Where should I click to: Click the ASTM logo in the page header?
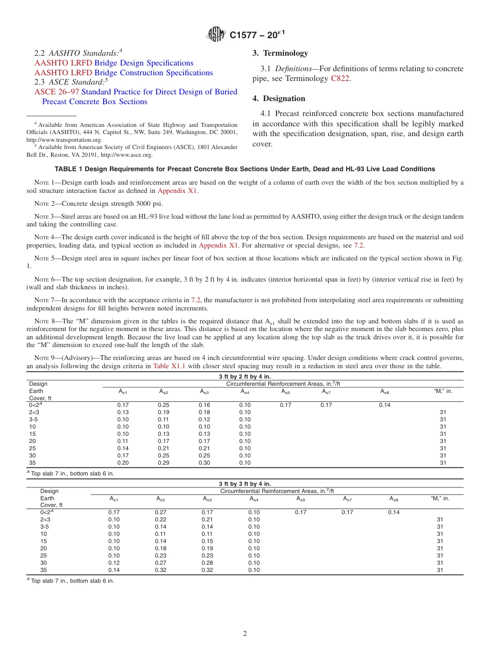(x=216, y=35)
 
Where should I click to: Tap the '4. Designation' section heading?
(x=279, y=99)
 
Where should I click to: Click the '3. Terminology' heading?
(x=280, y=53)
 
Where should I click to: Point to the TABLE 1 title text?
(x=244, y=169)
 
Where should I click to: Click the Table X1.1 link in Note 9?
(x=169, y=366)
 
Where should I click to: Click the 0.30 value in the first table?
(x=204, y=463)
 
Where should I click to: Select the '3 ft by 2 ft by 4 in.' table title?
(x=244, y=377)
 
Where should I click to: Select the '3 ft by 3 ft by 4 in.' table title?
(x=244, y=484)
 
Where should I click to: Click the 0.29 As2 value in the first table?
(x=164, y=463)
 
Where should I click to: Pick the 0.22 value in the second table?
(x=161, y=519)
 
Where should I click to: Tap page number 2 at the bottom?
(x=244, y=634)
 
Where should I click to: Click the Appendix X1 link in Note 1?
(x=177, y=191)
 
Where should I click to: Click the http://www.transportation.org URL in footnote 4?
(x=64, y=140)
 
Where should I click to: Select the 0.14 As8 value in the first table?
(x=384, y=405)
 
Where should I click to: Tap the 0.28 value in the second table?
(x=207, y=563)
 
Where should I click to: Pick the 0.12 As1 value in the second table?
(x=114, y=563)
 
